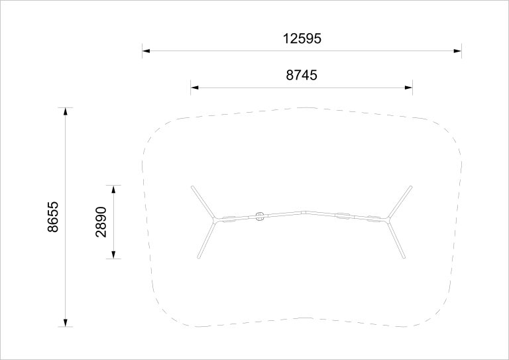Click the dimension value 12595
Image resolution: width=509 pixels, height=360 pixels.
pyautogui.click(x=302, y=38)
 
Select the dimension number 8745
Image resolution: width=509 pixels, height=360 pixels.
pyautogui.click(x=302, y=75)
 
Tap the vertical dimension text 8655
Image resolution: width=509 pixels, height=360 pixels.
pyautogui.click(x=53, y=217)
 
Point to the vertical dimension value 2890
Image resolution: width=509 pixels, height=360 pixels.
pyautogui.click(x=101, y=222)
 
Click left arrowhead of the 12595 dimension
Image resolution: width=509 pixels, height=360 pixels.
pyautogui.click(x=146, y=51)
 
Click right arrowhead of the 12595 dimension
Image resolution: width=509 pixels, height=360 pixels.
pyautogui.click(x=457, y=51)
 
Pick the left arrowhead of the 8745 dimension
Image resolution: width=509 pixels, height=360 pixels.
pyautogui.click(x=194, y=88)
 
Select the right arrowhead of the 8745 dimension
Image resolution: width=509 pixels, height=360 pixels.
pyautogui.click(x=408, y=88)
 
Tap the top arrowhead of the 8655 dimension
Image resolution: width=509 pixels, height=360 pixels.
pyautogui.click(x=65, y=111)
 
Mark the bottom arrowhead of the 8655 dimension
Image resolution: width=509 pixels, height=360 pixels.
pyautogui.click(x=65, y=323)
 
